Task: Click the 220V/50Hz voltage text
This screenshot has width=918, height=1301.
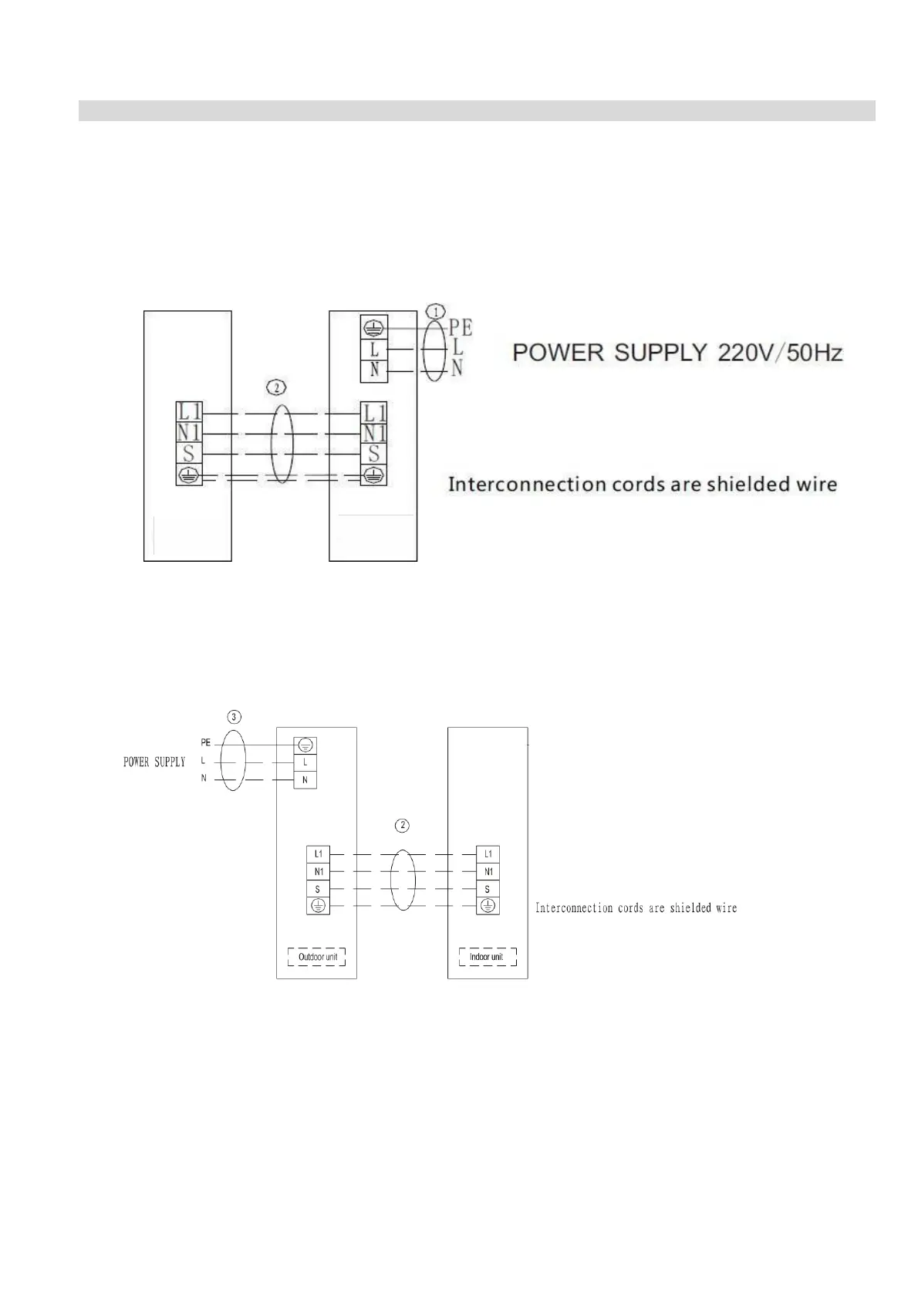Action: pos(780,353)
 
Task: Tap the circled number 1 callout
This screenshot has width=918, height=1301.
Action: pos(436,312)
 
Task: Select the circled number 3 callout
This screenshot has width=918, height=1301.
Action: pos(235,715)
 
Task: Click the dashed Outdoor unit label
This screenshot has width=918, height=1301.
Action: pos(317,957)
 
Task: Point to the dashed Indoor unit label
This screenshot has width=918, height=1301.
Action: pos(486,957)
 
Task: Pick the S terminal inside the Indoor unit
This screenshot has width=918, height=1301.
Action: pos(488,889)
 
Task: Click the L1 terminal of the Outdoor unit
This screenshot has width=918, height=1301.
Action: pos(319,854)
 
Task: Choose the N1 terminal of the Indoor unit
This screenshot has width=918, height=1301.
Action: pos(488,872)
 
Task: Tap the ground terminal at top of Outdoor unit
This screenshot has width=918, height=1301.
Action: pos(305,745)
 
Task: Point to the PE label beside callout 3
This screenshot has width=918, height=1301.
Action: pos(205,743)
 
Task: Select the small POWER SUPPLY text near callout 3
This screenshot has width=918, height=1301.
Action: pos(154,762)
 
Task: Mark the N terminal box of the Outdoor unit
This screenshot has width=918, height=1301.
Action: pos(305,780)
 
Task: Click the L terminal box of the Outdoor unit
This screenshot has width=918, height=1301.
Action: pos(305,762)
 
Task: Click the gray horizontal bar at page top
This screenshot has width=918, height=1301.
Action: pos(477,110)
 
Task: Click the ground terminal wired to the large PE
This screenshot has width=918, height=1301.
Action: pos(374,326)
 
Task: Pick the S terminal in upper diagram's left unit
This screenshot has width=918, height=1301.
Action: pos(189,454)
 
